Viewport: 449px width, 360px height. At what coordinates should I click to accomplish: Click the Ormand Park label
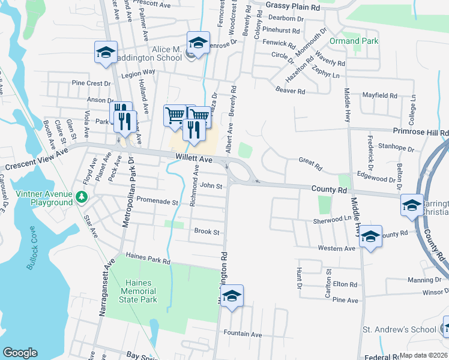[354, 41]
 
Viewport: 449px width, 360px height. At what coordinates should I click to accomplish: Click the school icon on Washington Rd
[232, 296]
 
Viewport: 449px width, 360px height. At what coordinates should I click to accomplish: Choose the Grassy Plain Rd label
[293, 6]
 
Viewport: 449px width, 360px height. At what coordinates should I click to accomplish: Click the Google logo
[20, 353]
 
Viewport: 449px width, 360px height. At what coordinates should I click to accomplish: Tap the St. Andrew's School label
[399, 329]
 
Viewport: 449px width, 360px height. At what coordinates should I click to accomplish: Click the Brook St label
[206, 232]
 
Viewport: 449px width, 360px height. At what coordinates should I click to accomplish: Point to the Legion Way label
[138, 72]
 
